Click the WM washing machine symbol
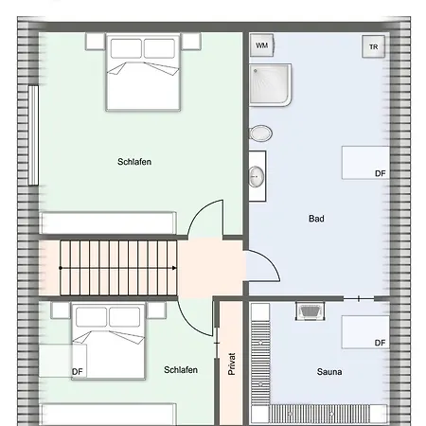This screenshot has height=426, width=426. tap(261, 45)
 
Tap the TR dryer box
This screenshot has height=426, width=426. tap(374, 46)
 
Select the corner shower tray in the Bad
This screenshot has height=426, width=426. tap(270, 84)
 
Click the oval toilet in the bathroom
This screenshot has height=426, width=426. tap(260, 133)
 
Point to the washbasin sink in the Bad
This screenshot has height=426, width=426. tap(257, 177)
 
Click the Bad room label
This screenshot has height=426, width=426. tap(316, 219)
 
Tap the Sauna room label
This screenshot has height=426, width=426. tap(329, 372)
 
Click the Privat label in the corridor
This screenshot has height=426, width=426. tap(232, 364)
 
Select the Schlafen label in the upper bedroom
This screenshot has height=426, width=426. tap(134, 162)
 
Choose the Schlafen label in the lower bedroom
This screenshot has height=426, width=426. tap(181, 370)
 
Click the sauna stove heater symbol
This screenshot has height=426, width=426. tap(311, 311)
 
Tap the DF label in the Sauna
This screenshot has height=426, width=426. tap(381, 343)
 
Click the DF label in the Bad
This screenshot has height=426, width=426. tap(381, 173)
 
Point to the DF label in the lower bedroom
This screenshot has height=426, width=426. tap(78, 372)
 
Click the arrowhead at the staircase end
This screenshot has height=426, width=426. tap(174, 268)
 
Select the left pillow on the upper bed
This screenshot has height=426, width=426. tap(126, 48)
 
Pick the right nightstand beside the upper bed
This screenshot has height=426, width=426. tap(191, 42)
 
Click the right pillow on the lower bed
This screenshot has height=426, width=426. tap(124, 316)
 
